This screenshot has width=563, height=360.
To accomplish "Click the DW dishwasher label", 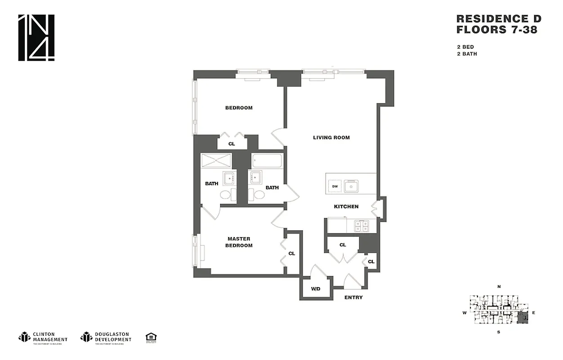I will (x=335, y=186).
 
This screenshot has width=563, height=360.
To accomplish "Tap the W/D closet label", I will (x=315, y=288).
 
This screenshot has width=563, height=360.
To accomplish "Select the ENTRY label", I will (x=353, y=297).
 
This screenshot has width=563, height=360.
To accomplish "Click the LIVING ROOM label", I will (x=331, y=138).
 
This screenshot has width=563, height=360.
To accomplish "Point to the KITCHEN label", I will (x=346, y=207).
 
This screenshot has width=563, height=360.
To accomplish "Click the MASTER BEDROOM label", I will (x=239, y=242).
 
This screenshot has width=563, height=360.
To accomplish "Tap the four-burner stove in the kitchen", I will (x=361, y=225).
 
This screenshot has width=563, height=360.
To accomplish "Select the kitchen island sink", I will (x=351, y=185).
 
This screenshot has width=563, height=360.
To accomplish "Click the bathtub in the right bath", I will (x=267, y=161).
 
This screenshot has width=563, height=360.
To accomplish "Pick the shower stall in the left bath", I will (x=216, y=161).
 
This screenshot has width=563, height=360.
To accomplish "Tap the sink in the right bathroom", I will (x=255, y=177).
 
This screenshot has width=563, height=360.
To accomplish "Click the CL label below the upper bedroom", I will (x=232, y=144).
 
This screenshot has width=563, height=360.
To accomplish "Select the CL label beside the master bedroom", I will (x=291, y=253).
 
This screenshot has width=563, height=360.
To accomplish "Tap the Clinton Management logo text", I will (x=50, y=337).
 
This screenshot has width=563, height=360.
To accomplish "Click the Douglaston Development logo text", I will (x=113, y=337).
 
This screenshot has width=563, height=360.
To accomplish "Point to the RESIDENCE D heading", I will (x=499, y=19).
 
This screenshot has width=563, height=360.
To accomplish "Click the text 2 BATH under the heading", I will (x=467, y=54).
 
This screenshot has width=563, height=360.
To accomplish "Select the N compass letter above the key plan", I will (x=499, y=287).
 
